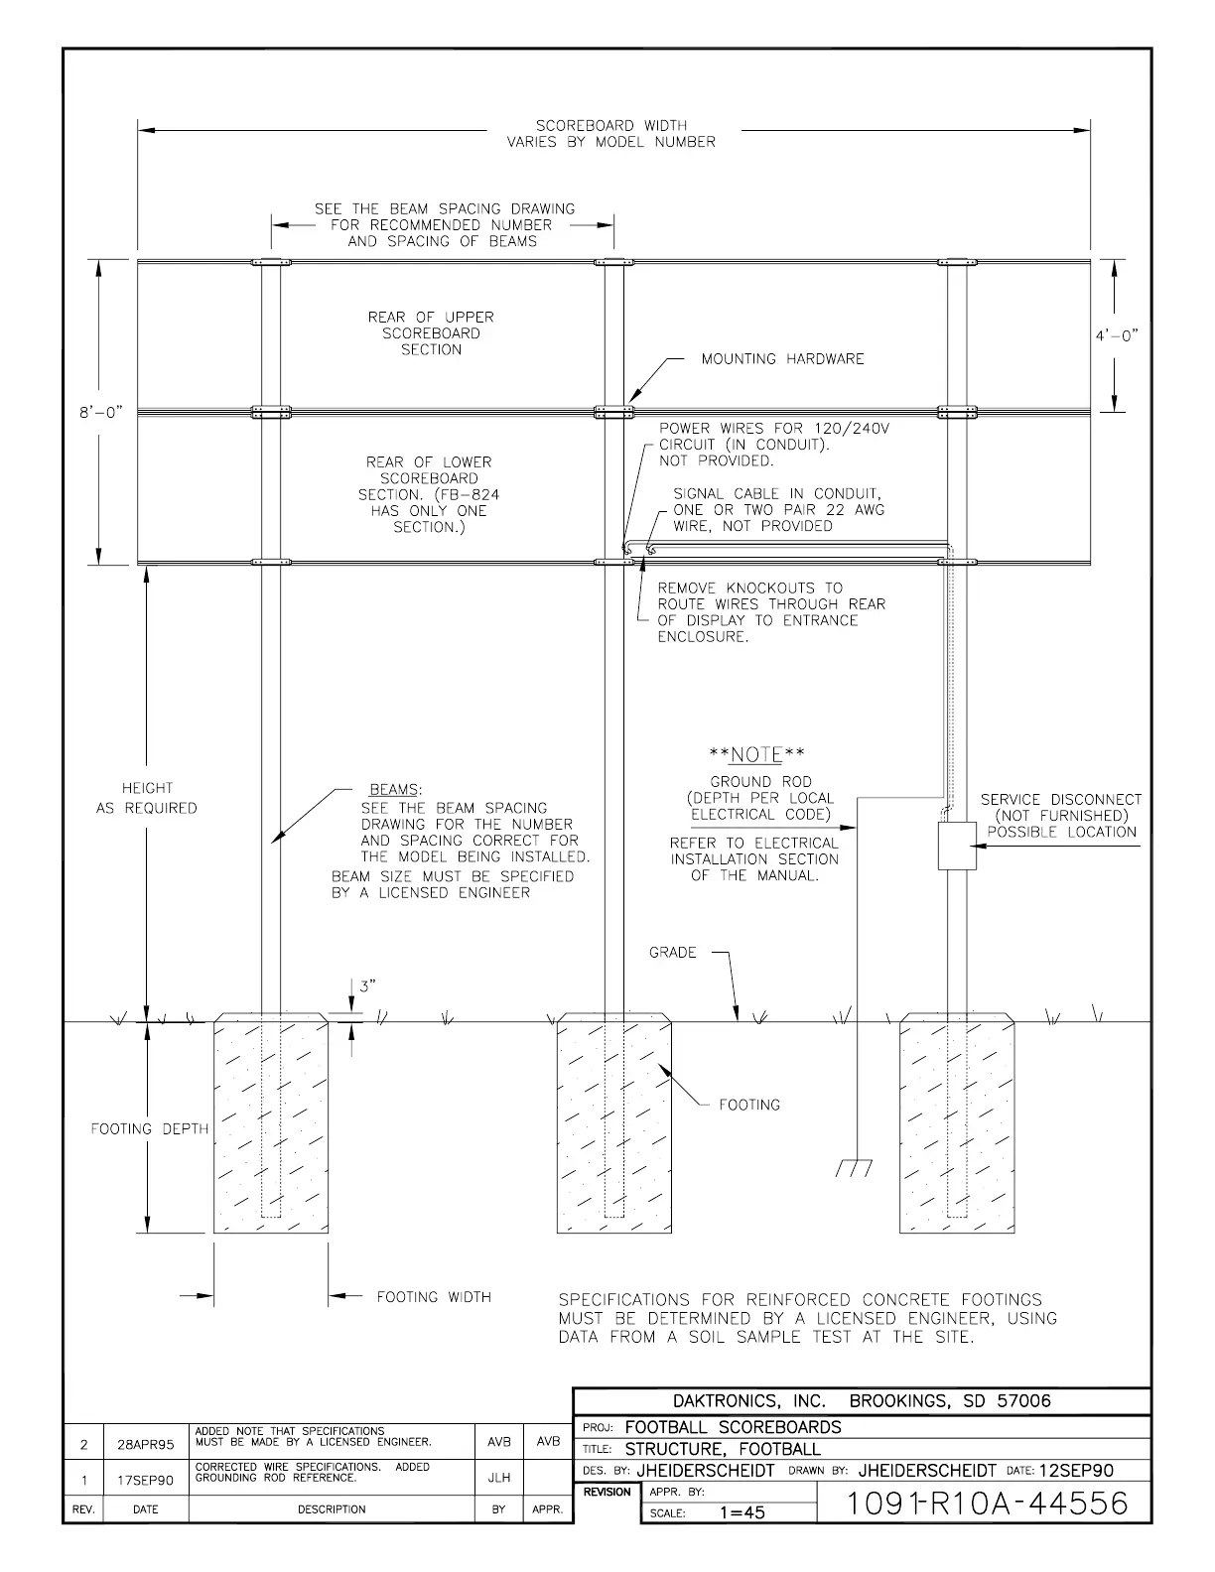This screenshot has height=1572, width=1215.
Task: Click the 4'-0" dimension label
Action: [x=1117, y=335]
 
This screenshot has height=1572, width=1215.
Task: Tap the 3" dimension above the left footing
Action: [x=368, y=986]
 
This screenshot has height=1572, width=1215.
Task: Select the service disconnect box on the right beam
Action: [x=958, y=846]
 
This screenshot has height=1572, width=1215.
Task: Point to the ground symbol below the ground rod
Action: [x=855, y=1167]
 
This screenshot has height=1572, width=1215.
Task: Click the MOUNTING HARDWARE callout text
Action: [x=782, y=359]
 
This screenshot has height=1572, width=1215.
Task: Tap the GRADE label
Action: [x=673, y=953]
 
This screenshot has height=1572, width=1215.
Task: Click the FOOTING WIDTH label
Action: [x=434, y=1297]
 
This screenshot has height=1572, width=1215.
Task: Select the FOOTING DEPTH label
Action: [x=150, y=1128]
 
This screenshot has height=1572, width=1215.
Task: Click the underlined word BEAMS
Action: [x=395, y=790]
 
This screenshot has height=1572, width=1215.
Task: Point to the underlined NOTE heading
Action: [x=755, y=755]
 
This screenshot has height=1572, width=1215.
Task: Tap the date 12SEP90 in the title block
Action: [x=1076, y=1471]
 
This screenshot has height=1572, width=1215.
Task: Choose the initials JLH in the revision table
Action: [x=498, y=1479]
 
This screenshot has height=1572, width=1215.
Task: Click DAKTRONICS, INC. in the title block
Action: [x=749, y=1401]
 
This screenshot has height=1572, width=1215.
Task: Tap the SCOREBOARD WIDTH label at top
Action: [x=611, y=126]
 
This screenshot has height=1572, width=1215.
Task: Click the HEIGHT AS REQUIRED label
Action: [x=147, y=798]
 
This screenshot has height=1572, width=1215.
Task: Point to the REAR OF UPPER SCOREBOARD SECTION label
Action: [x=431, y=333]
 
